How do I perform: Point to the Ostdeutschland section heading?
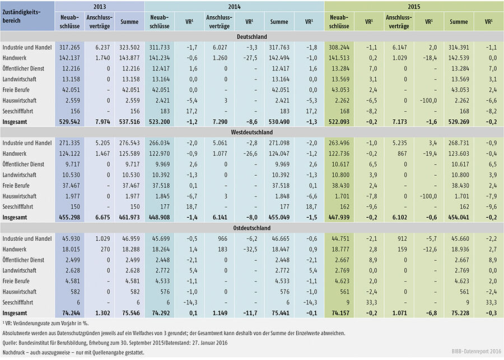tap(251, 228)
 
